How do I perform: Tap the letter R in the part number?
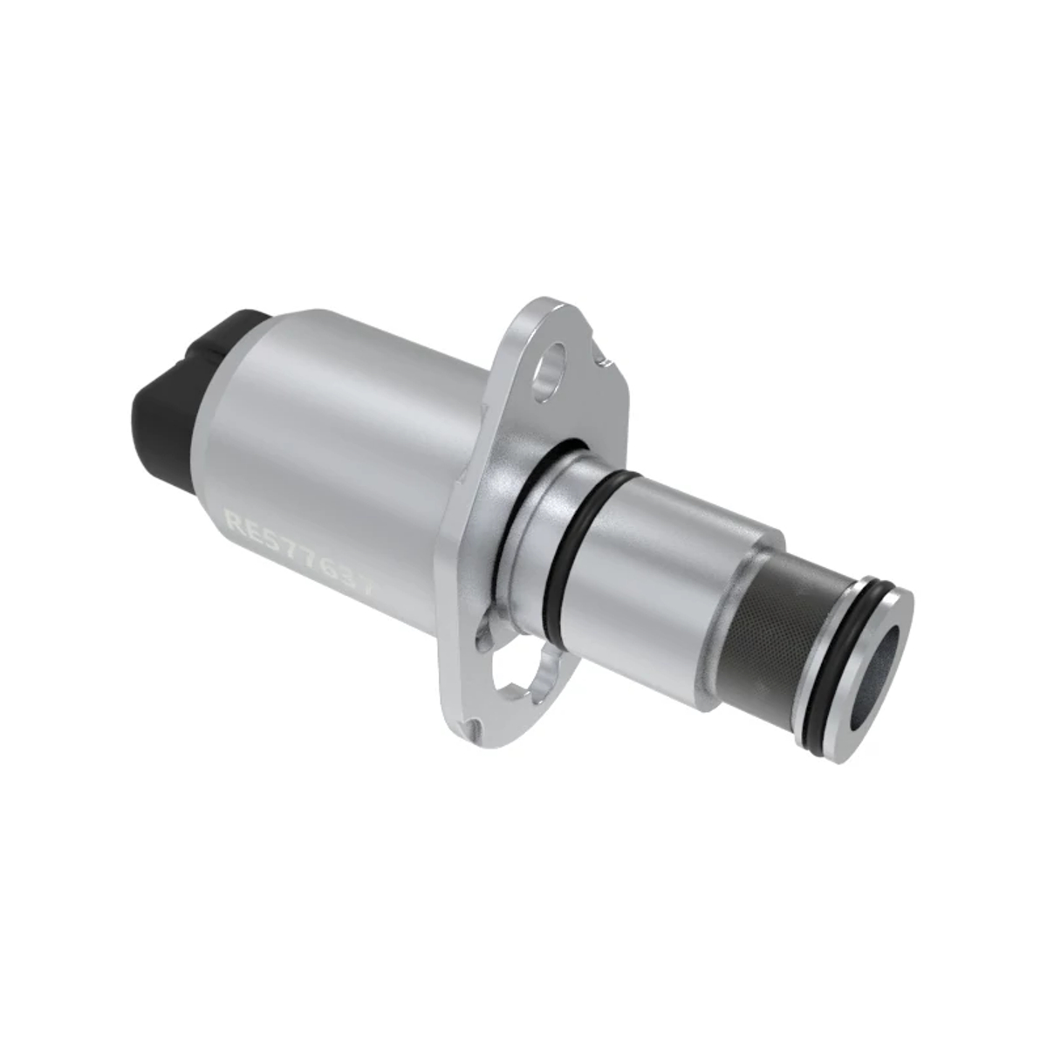click(235, 521)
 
